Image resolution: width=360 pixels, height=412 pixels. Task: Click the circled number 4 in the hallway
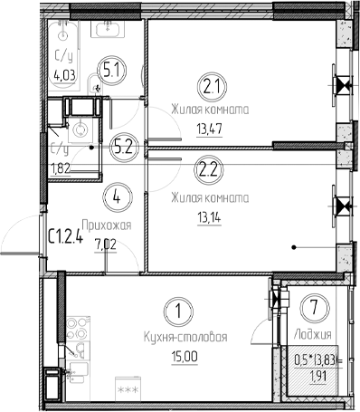point(114,193)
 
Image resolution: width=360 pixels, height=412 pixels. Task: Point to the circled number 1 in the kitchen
point(182,313)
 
